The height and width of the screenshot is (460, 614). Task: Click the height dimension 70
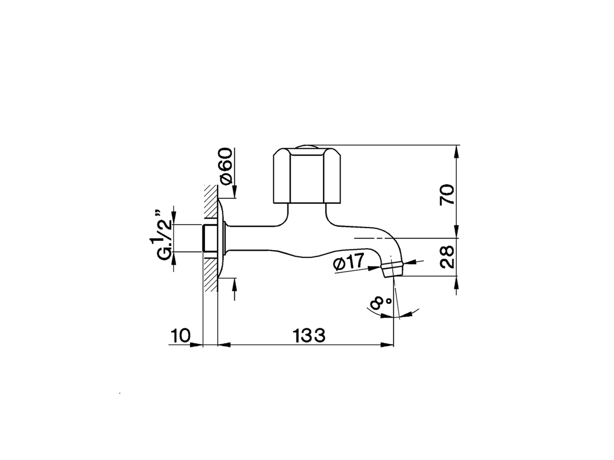click(x=447, y=195)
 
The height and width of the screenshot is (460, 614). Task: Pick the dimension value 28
click(x=447, y=257)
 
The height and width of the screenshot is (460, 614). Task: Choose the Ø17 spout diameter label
click(x=349, y=261)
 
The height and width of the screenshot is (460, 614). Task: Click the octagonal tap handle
click(x=307, y=175)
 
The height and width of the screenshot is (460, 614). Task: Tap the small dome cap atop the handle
click(x=307, y=146)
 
